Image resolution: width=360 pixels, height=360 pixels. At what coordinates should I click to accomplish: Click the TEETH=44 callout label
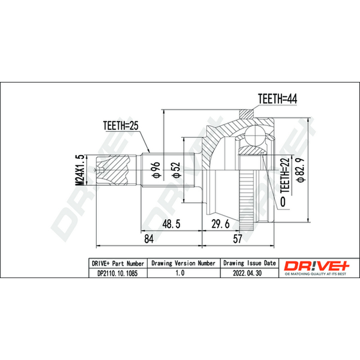pos(277,99)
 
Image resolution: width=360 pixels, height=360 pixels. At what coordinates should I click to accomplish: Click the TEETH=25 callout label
pos(121,126)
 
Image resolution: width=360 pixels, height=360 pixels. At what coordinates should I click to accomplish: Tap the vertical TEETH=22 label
pos(285,175)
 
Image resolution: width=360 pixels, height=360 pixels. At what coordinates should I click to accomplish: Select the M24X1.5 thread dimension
pos(80,170)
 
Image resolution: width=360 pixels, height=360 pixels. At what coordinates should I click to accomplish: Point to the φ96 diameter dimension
pos(156,170)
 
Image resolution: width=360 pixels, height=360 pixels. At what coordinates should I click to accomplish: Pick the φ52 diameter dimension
pos(176,170)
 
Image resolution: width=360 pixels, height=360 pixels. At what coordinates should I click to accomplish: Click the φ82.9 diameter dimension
pos(301,170)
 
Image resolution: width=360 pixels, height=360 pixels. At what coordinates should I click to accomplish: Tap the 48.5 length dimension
pos(171,224)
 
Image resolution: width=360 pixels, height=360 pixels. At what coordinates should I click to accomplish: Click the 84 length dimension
pos(149,239)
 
